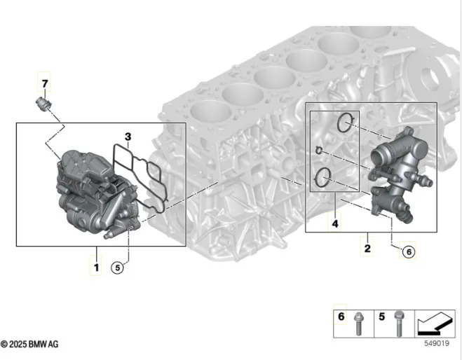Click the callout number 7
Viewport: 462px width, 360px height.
pos(45,83)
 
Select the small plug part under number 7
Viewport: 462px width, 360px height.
pos(43,104)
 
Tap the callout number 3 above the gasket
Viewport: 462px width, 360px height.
pos(128,137)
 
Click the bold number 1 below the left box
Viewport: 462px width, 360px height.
pos(96,268)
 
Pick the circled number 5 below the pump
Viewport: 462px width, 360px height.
pos(117,268)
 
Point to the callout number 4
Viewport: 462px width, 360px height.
pos(335,224)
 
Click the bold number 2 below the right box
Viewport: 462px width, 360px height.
pos(367,249)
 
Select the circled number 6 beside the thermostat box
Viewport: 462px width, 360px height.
pos(409,252)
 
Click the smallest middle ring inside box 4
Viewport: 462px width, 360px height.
pos(318,151)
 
